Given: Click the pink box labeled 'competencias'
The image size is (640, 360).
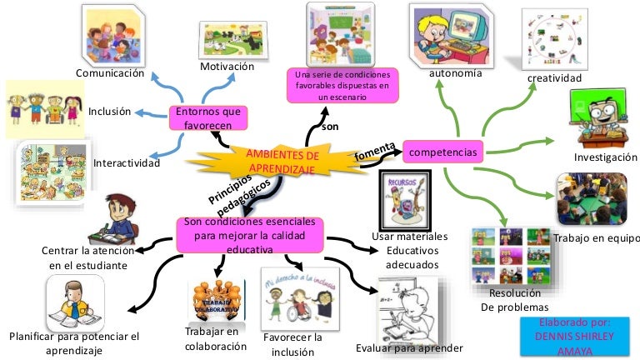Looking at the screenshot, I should (443, 152).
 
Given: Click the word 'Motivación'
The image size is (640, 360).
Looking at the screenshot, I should (226, 66).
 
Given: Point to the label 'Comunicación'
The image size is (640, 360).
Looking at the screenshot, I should (110, 73).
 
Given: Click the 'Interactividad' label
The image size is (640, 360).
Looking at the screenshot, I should (127, 162).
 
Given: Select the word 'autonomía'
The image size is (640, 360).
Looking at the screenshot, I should (455, 73).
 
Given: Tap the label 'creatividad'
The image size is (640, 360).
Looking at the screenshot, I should (554, 78).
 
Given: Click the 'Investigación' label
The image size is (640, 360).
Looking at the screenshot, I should (606, 157).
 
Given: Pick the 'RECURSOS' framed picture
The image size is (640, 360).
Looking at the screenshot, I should (405, 200).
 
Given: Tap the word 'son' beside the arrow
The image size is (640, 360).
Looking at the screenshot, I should (330, 126).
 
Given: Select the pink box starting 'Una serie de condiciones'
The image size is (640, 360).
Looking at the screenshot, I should (342, 86).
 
